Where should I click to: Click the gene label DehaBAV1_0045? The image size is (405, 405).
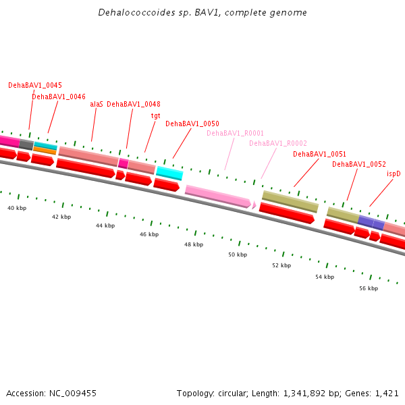35,86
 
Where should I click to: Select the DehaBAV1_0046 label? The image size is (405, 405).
59,97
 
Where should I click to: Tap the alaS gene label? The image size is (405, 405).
97,105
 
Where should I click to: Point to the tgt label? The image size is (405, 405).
156,115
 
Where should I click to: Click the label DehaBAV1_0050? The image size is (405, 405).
192,124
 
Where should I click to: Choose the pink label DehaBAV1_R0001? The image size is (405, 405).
235,134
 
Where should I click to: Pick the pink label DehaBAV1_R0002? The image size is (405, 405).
278,143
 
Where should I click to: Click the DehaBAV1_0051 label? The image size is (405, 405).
319,155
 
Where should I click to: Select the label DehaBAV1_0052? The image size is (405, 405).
359,165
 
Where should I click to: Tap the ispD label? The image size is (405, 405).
394,174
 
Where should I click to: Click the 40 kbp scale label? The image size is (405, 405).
17,209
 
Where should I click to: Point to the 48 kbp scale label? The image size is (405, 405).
194,245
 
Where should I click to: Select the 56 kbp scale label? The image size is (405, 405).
369,288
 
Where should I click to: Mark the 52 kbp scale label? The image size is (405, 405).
281,266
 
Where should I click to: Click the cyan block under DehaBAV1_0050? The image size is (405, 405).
169,173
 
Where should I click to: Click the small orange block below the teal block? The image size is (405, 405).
45,151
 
